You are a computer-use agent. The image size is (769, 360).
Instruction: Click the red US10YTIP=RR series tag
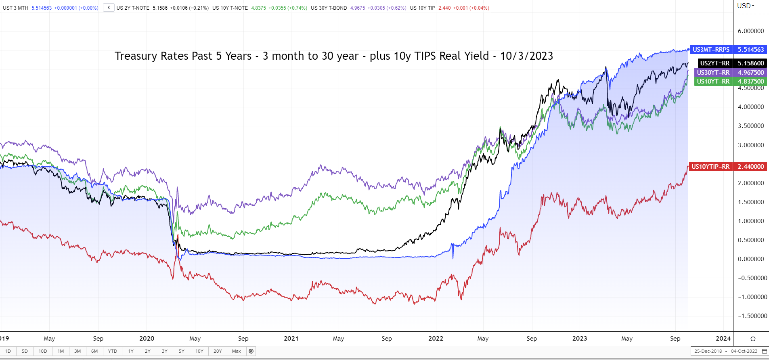(710, 166)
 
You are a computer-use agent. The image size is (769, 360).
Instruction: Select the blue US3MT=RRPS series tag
(711, 50)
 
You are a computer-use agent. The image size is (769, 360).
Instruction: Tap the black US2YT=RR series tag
(715, 63)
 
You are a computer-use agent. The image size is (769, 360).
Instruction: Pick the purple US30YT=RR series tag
(713, 72)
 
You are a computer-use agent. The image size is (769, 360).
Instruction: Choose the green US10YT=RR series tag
(713, 81)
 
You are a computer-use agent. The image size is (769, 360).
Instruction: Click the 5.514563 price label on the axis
(751, 50)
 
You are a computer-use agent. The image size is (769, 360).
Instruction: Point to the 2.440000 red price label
(751, 166)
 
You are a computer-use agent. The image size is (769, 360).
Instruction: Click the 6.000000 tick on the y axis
(751, 31)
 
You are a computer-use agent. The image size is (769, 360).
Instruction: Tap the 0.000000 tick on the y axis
(751, 259)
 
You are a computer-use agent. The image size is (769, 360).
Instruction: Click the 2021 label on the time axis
(291, 339)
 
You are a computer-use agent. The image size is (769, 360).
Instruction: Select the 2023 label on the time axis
(580, 339)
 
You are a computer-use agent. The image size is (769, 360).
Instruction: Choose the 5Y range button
(182, 351)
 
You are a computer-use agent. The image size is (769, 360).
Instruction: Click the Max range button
(236, 351)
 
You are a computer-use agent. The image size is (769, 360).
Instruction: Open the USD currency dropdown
(746, 6)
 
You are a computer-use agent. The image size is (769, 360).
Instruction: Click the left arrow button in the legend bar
(109, 8)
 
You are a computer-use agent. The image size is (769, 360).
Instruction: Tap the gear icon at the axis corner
(753, 339)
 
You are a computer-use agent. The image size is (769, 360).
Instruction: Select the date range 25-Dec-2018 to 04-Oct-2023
(726, 351)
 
